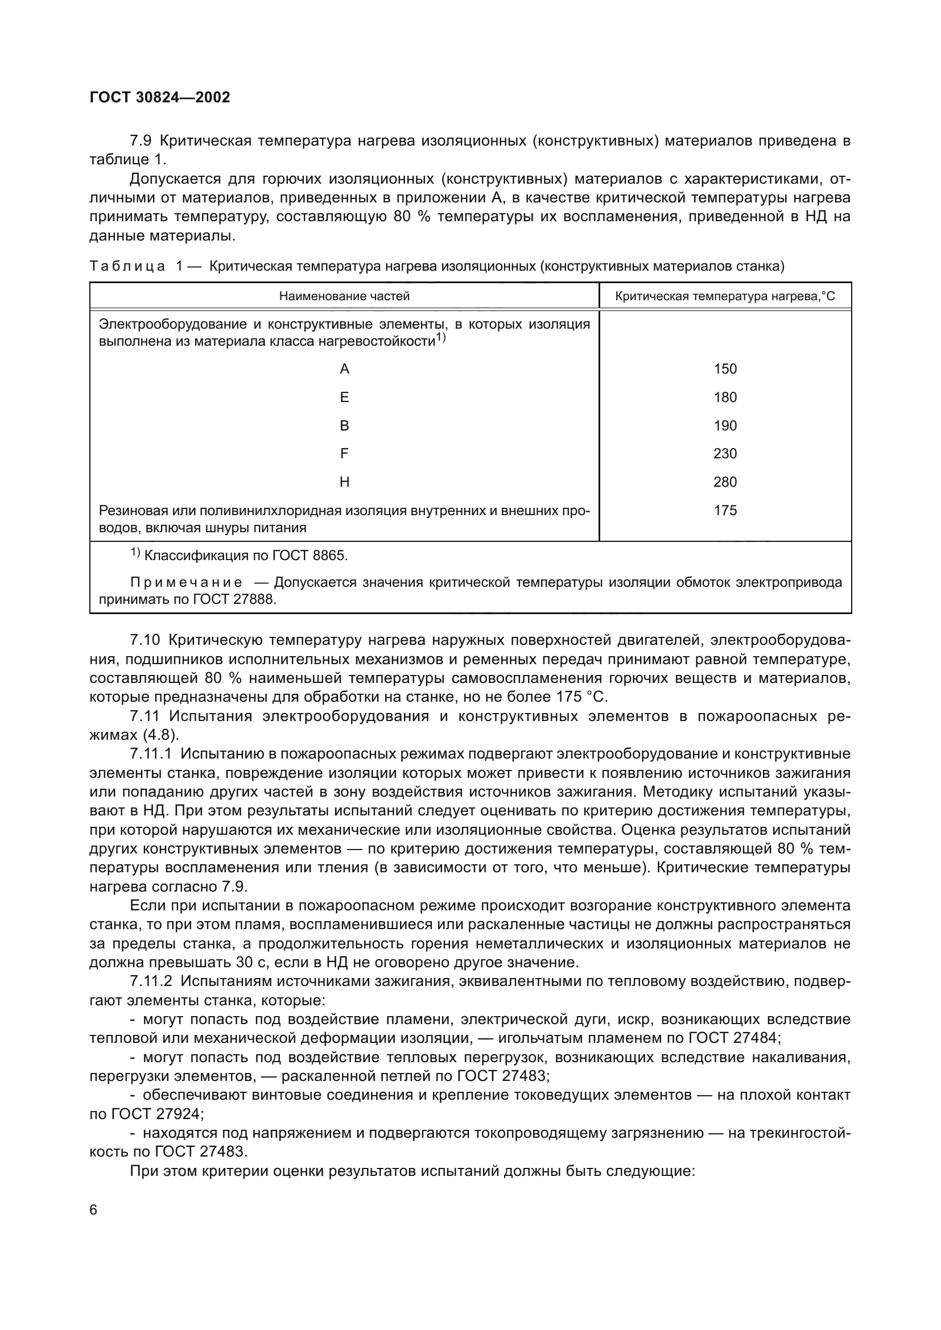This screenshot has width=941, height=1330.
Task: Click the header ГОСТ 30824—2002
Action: tap(160, 97)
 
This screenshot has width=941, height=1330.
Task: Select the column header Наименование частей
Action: tap(344, 296)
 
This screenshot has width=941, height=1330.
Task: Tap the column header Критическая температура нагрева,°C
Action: tap(725, 297)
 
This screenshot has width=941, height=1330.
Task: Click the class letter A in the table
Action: tap(344, 369)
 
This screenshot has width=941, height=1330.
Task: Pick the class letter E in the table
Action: tap(344, 397)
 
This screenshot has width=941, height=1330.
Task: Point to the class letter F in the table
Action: tap(344, 454)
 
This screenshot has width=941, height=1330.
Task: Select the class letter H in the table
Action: tap(344, 482)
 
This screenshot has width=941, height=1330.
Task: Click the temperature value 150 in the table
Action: tap(725, 369)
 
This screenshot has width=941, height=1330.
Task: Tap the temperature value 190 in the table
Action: tap(725, 426)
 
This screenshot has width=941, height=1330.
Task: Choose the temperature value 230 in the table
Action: tap(725, 454)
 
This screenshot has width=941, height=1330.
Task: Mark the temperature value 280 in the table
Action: tap(725, 482)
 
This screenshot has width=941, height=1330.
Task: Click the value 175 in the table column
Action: tap(725, 510)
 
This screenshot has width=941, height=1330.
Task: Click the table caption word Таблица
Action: tap(127, 266)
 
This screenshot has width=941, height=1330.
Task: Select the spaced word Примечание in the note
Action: tap(186, 582)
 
